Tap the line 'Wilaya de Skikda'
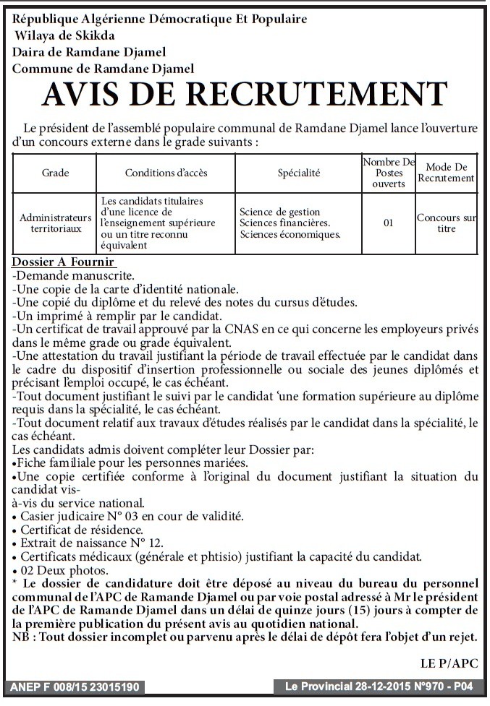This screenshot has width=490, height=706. [x=64, y=35]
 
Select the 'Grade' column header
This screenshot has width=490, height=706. [x=55, y=173]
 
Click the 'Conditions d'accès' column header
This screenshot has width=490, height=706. [x=166, y=173]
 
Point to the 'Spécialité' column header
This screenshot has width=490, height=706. [x=298, y=173]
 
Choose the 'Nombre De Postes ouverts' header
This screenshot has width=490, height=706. [x=388, y=173]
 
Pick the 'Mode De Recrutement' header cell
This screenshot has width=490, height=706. [x=446, y=173]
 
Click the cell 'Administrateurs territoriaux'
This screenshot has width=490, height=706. [x=55, y=222]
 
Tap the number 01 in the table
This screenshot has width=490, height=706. [x=388, y=223]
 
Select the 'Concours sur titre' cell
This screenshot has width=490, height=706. [x=446, y=223]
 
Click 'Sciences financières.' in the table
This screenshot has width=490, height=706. [x=284, y=223]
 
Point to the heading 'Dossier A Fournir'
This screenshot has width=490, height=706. [x=64, y=262]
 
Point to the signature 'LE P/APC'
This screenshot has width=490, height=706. [x=449, y=663]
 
